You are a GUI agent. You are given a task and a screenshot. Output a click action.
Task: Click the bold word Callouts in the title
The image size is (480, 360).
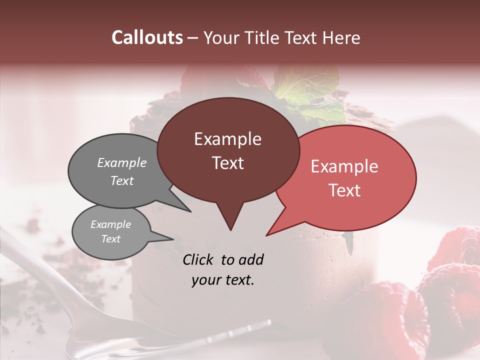click(x=147, y=37)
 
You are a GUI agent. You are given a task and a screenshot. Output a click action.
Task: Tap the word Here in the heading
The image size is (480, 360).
click(x=341, y=37)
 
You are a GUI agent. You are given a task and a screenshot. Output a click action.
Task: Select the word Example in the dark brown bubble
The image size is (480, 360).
click(x=227, y=139)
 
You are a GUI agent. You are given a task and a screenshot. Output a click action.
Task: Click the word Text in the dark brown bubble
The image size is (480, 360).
click(x=227, y=163)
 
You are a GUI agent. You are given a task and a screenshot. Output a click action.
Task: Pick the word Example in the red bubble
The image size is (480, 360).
click(x=344, y=166)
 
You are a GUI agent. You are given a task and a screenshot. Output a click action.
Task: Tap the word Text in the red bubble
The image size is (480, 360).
click(x=344, y=190)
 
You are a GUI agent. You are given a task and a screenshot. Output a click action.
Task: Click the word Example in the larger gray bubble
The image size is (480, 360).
click(x=122, y=162)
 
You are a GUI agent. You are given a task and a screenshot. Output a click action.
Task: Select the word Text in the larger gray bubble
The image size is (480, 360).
click(x=122, y=180)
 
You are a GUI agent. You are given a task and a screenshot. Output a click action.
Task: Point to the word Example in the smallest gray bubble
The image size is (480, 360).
click(x=111, y=224)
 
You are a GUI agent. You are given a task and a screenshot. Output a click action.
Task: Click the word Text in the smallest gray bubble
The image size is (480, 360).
click(x=111, y=239)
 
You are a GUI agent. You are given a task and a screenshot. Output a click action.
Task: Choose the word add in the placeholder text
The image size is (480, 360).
click(x=250, y=259)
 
